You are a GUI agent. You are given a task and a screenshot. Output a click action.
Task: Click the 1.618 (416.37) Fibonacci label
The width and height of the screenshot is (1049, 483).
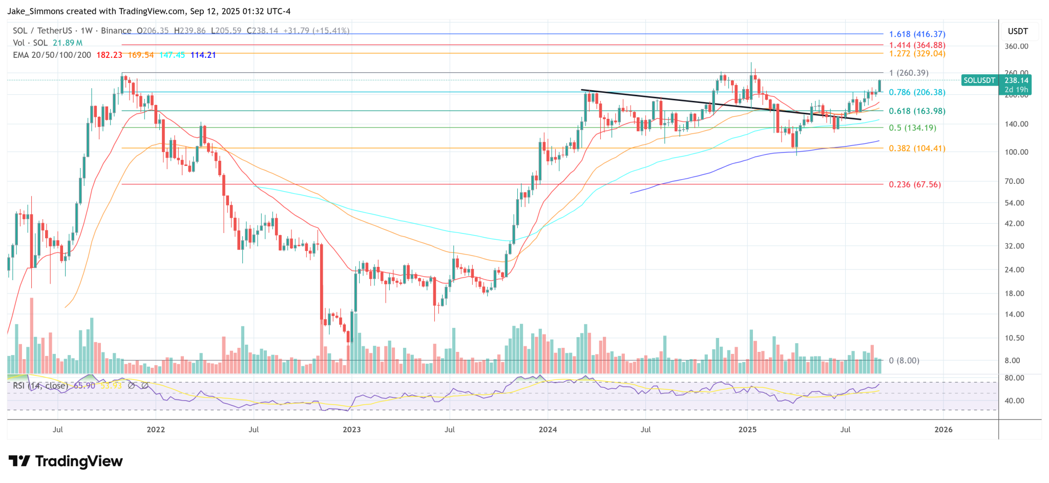[917, 34]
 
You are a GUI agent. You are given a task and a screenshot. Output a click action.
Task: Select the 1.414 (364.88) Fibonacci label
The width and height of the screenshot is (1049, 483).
[917, 45]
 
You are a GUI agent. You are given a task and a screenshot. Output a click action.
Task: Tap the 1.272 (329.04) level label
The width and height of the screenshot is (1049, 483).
[917, 53]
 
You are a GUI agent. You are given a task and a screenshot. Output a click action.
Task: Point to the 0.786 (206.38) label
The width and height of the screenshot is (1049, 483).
[917, 92]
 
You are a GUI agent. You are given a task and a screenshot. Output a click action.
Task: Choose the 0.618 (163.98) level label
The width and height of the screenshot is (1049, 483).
[917, 111]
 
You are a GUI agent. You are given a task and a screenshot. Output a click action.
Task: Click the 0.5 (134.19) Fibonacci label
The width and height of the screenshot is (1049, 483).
[912, 128]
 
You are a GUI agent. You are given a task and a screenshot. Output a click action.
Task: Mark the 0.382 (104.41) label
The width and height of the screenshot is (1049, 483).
[917, 149]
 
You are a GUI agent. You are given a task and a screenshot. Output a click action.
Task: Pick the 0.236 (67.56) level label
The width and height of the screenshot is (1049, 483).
[915, 184]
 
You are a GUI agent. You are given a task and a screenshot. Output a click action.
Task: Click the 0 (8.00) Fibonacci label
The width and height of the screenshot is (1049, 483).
[904, 361]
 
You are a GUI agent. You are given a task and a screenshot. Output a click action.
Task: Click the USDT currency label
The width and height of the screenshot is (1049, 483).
[1018, 31]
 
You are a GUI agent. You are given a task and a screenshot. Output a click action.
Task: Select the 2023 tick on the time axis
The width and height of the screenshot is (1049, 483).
[351, 429]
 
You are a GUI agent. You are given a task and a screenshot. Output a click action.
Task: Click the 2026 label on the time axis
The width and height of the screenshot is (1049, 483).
[943, 429]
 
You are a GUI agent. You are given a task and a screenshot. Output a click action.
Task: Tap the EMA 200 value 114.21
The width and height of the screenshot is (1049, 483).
[203, 55]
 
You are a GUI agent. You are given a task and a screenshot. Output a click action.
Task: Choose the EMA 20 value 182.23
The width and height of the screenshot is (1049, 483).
[109, 55]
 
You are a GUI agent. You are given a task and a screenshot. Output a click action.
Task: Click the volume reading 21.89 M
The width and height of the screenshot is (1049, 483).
[68, 43]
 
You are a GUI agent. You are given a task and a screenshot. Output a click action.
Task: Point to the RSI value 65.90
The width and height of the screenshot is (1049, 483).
[85, 386]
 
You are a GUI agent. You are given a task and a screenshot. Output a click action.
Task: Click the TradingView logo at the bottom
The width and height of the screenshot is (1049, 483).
[66, 461]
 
